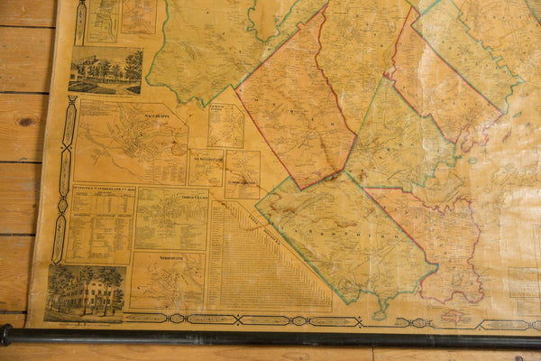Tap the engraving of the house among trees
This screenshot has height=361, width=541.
click(105, 69)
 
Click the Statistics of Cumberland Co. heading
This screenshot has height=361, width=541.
click(101, 190)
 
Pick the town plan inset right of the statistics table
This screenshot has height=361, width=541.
click(170, 218)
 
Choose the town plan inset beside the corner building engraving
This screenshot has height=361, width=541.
click(168, 281)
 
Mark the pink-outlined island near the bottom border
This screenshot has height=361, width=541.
click(456, 317)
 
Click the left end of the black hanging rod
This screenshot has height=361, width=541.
click(5, 336)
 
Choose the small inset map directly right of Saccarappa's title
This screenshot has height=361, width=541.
click(225, 125)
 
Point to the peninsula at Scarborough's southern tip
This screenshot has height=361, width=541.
click(383, 307)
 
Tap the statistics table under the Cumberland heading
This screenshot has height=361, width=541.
click(100, 230)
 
